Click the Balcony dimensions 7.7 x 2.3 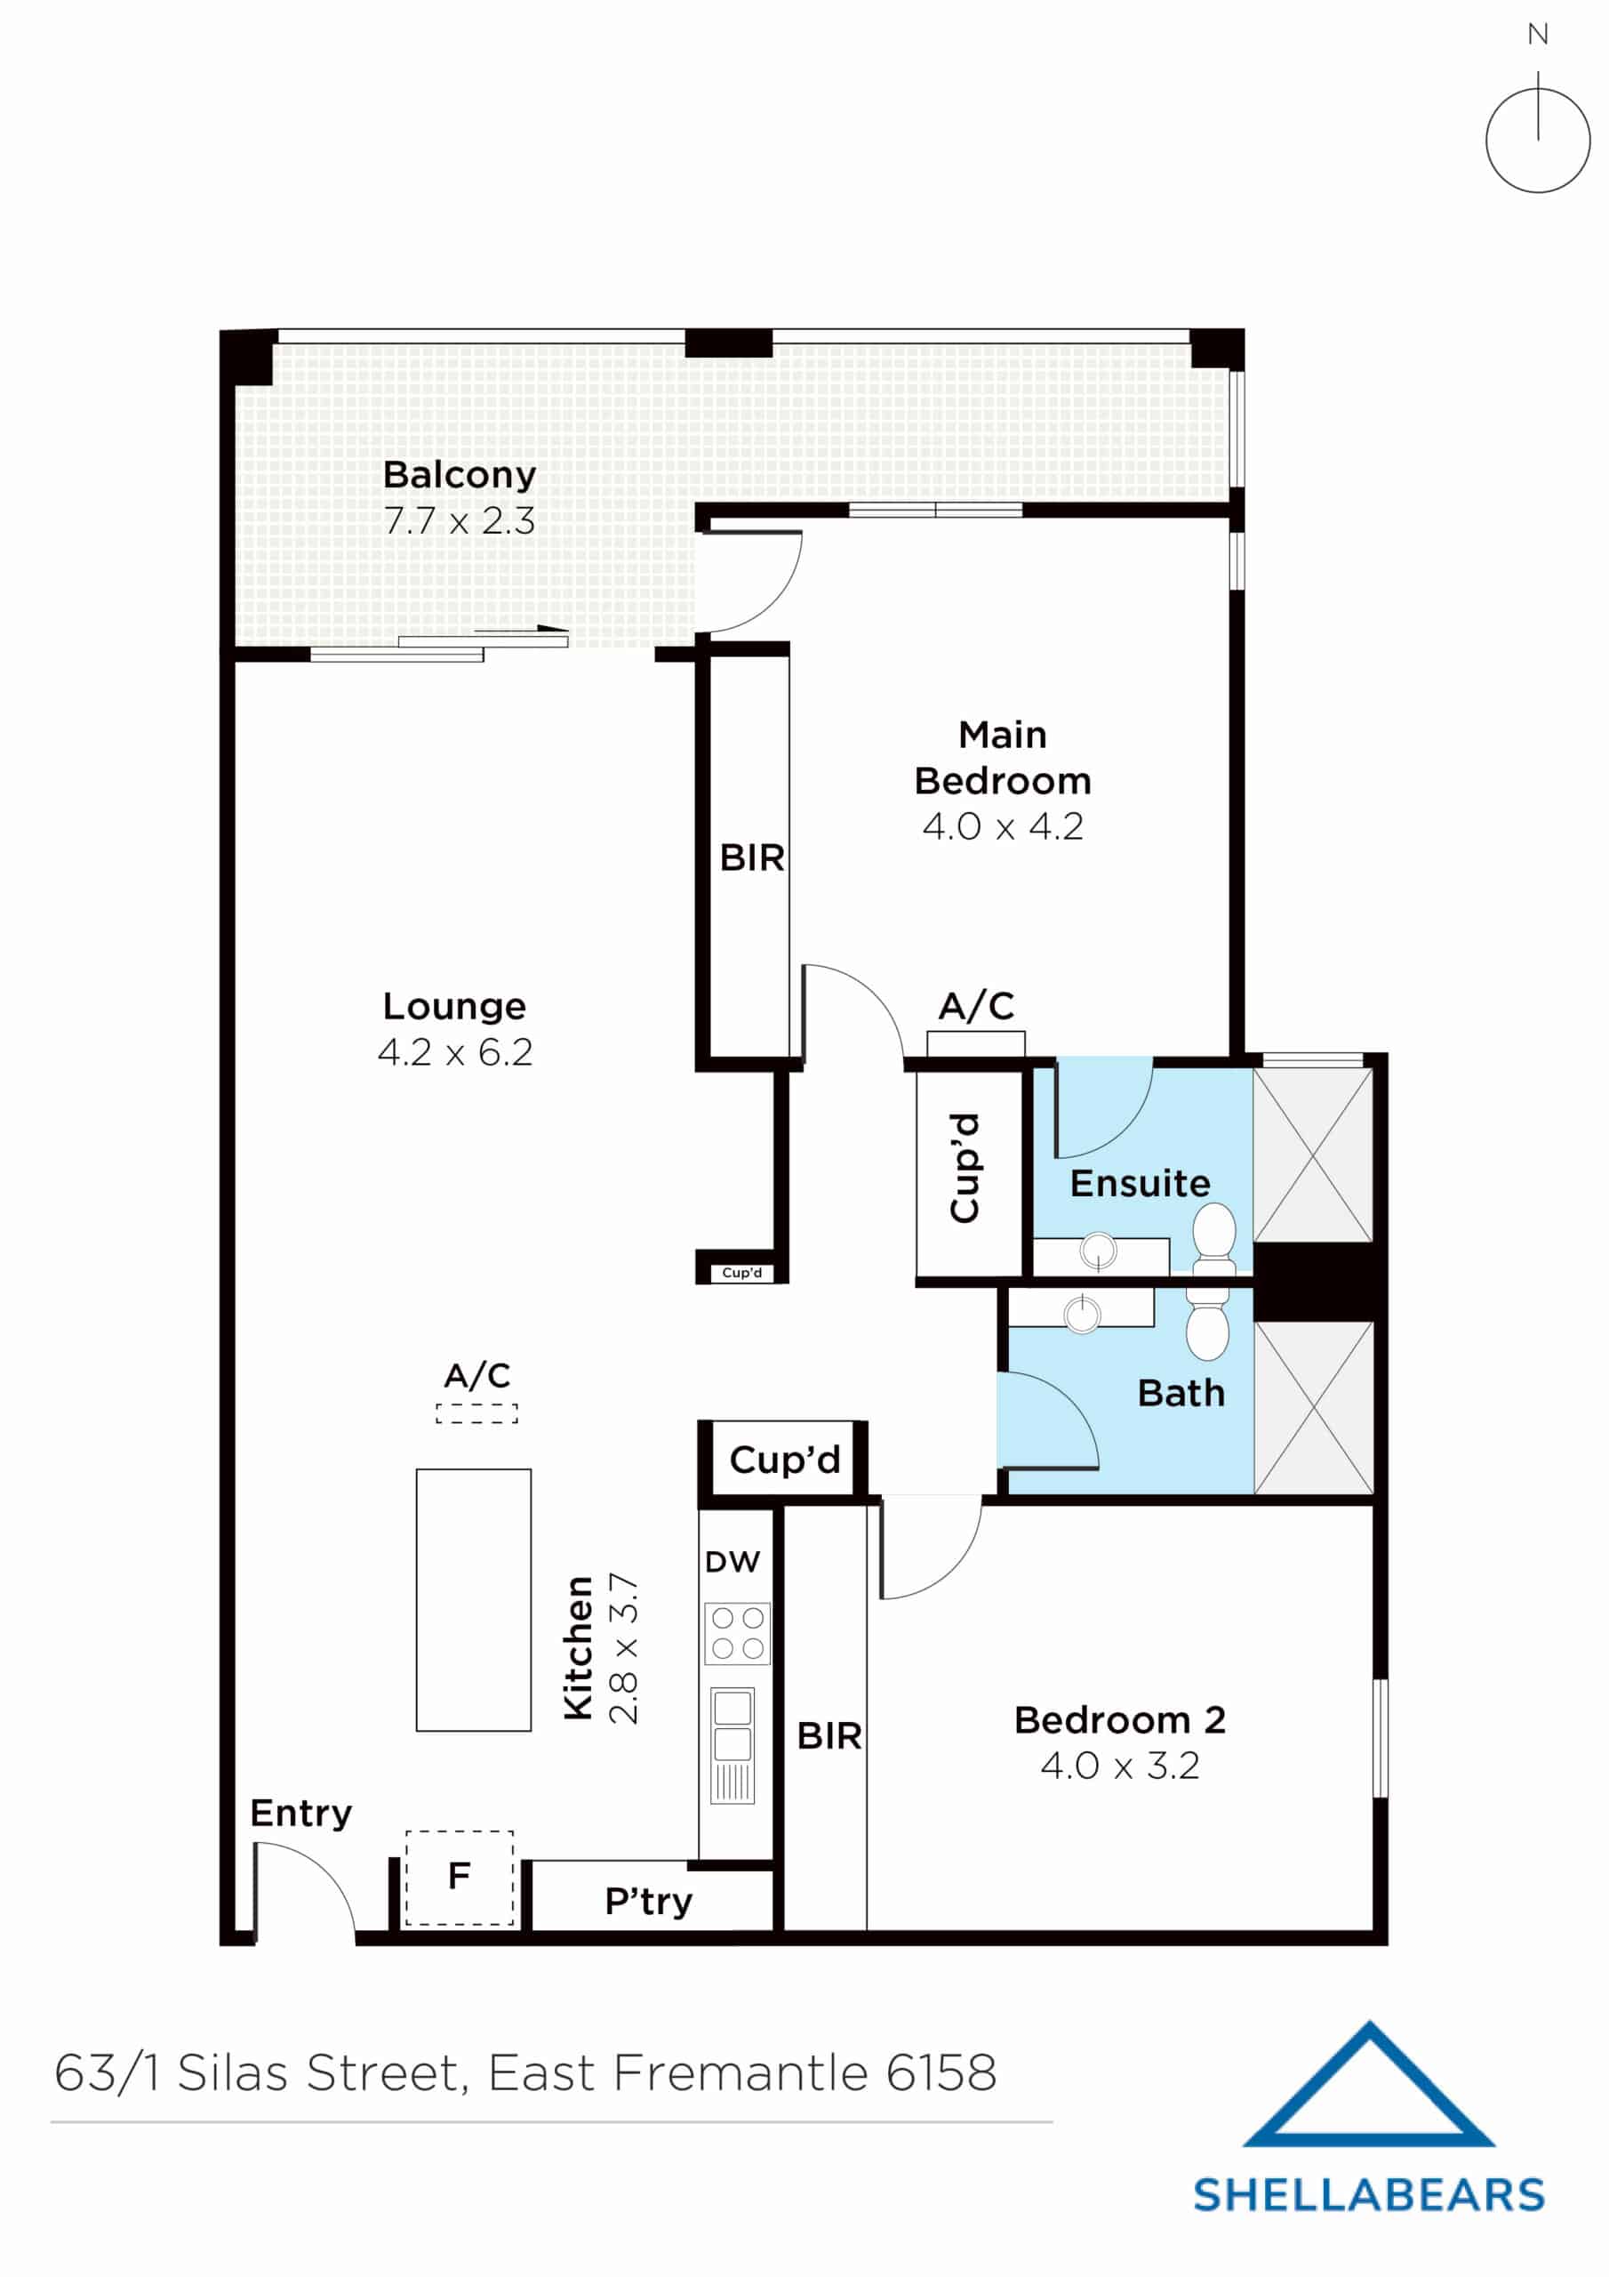(459, 520)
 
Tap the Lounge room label (454, 1006)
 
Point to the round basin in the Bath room (1082, 1314)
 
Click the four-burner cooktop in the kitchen (737, 1633)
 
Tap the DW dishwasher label (732, 1562)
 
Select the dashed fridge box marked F (459, 1878)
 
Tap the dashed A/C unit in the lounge (476, 1413)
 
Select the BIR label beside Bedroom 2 (829, 1735)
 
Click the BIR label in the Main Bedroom (751, 857)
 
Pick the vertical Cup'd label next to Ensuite (965, 1167)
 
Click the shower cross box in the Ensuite (1313, 1155)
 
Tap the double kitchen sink (732, 1726)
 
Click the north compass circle (1537, 140)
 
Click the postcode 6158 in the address (941, 2072)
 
